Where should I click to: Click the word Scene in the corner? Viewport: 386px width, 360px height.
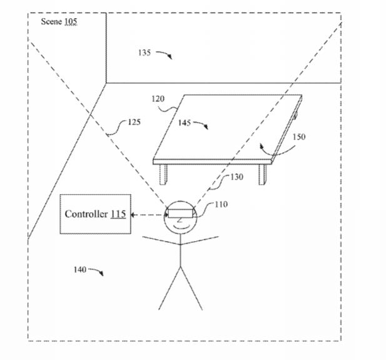(x=51, y=22)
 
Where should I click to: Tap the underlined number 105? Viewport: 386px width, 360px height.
(x=71, y=22)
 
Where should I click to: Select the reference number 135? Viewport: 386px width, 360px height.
(x=145, y=53)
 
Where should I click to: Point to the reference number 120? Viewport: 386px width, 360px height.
(x=158, y=99)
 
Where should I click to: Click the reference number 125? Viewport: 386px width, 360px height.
(x=134, y=122)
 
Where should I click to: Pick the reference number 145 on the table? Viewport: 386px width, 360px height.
(x=185, y=123)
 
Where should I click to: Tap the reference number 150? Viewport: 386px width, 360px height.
(x=299, y=136)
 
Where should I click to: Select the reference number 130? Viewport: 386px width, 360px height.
(x=237, y=177)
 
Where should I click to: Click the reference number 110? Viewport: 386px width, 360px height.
(x=221, y=204)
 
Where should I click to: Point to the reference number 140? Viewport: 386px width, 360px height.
(x=80, y=270)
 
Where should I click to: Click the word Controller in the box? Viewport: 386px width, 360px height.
(x=86, y=214)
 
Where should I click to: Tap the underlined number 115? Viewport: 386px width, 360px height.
(x=118, y=214)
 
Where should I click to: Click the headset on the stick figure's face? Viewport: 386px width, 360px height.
(x=180, y=213)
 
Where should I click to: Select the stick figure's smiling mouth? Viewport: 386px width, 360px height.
(x=180, y=226)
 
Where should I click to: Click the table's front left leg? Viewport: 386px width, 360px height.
(x=163, y=174)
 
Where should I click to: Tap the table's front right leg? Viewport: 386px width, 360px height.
(x=262, y=174)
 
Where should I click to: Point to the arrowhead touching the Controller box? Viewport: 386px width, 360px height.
(x=133, y=215)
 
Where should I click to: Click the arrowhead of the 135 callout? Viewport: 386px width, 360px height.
(x=170, y=57)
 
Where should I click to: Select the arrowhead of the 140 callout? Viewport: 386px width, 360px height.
(x=101, y=273)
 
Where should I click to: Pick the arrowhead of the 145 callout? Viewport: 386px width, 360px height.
(x=206, y=127)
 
